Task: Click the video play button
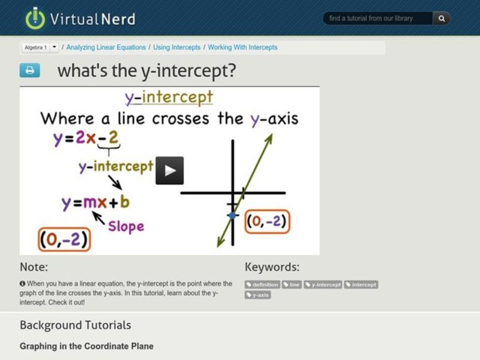170,171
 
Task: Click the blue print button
29,70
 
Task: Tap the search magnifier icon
442,19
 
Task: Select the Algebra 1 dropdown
40,47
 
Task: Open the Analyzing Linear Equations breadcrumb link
106,47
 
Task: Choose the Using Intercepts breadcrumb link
177,47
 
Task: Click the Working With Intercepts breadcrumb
242,47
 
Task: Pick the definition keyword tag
262,284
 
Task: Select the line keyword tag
292,284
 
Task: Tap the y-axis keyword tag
257,295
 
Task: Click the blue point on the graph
232,215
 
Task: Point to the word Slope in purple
126,226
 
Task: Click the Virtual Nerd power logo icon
35,18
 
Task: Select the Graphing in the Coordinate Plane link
86,346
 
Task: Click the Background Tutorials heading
75,325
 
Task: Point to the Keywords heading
272,267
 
